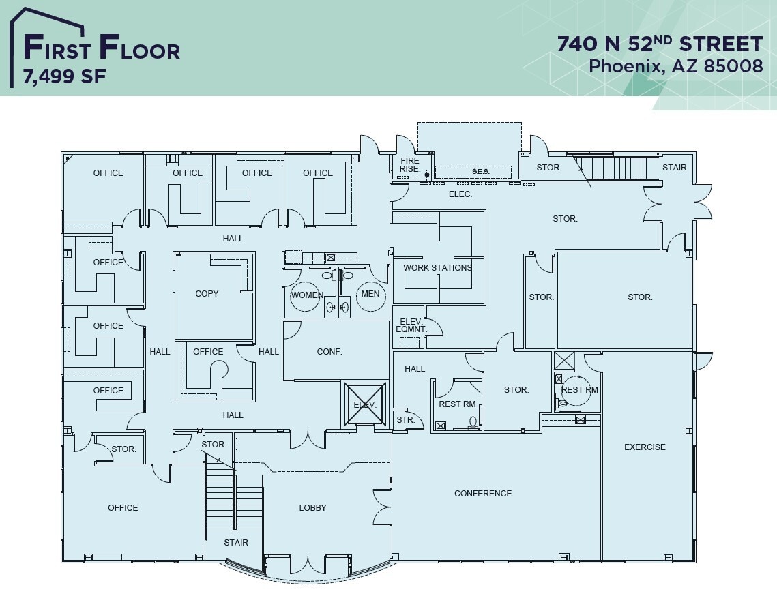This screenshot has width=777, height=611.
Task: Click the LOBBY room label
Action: tap(312, 507)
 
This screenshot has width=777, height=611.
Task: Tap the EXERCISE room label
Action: tap(645, 447)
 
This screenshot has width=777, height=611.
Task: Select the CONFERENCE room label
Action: tap(483, 493)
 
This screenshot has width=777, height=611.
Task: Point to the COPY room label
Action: tap(207, 293)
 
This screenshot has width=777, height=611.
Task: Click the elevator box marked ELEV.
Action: tap(365, 404)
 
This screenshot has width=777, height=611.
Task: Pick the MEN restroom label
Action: tap(370, 294)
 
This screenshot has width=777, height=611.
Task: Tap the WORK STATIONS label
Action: tap(437, 267)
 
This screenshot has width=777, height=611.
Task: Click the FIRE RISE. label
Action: tap(410, 165)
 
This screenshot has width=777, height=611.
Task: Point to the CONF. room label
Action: tap(329, 352)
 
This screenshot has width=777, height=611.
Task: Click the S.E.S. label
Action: tap(481, 171)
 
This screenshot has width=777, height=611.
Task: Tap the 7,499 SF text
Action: tap(65, 77)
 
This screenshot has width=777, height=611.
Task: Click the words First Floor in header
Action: tap(102, 49)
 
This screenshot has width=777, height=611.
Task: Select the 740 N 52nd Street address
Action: tap(660, 44)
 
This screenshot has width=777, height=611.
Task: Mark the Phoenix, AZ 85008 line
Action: tap(675, 66)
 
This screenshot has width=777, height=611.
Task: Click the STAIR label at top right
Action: tap(674, 167)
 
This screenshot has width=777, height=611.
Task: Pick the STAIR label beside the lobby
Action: tap(236, 542)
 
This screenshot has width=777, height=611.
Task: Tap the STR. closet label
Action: tap(405, 419)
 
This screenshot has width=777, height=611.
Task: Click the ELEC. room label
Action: tap(460, 194)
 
